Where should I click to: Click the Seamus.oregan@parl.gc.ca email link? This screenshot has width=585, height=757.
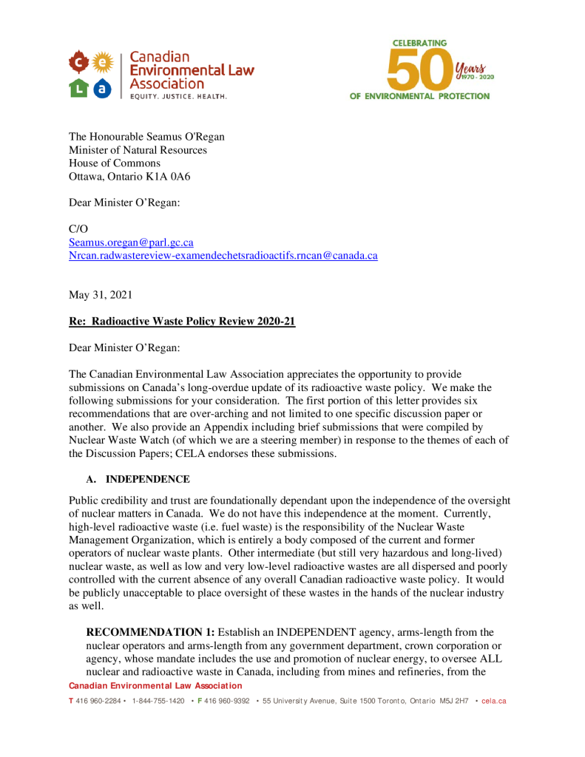(131, 242)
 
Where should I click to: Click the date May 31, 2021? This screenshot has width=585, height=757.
(101, 295)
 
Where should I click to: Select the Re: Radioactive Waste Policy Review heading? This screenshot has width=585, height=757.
(182, 322)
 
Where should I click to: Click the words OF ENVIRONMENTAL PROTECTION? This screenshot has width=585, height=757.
(419, 96)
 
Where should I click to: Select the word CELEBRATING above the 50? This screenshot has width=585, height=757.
(419, 44)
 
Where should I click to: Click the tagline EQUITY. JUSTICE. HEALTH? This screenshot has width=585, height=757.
(179, 96)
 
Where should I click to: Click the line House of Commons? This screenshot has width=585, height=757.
(115, 163)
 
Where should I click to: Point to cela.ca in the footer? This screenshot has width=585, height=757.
(494, 700)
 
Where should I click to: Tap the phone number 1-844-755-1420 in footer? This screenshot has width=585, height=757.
(158, 700)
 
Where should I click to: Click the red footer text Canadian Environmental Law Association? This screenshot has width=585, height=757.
(155, 686)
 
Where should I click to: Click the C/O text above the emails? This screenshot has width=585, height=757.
(78, 229)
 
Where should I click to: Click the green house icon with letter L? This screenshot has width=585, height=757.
(79, 88)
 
